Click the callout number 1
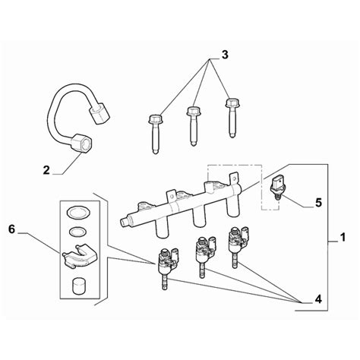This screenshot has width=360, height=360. (x=343, y=237)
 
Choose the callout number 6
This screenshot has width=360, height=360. (x=12, y=229)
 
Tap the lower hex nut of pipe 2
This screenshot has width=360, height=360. (x=80, y=143)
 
